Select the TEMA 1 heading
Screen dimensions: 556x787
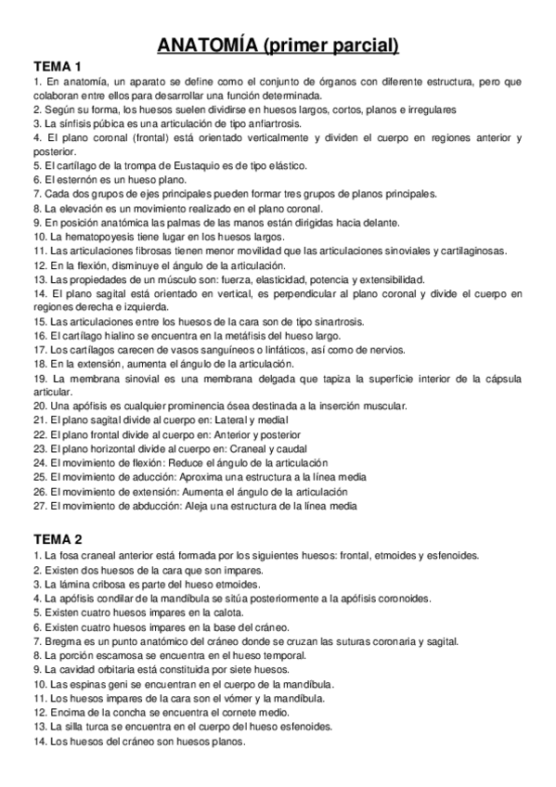[x=58, y=67]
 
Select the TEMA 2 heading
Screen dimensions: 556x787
[x=58, y=539]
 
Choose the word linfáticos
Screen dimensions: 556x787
[x=282, y=350]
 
